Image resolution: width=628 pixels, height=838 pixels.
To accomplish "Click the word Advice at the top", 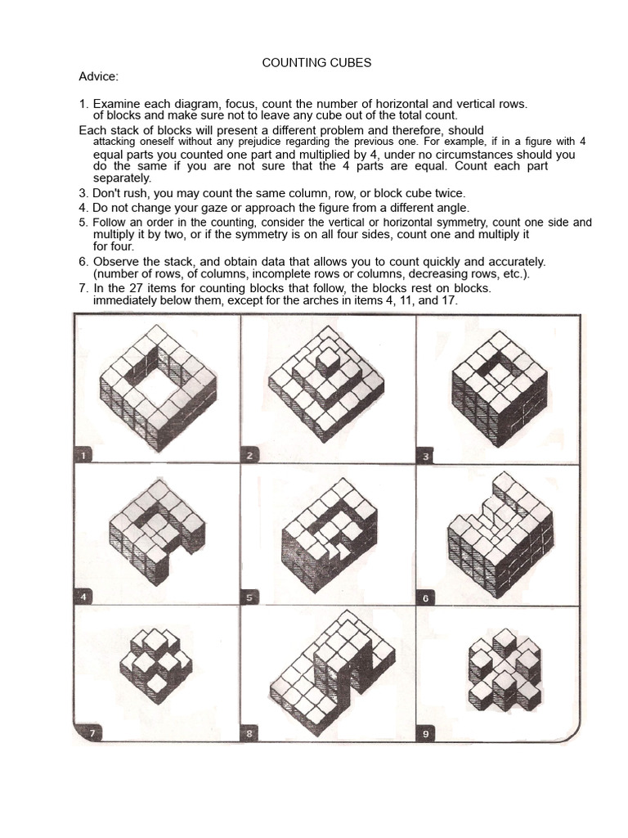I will pyautogui.click(x=98, y=77).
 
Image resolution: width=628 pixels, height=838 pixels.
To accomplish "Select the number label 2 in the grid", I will pyautogui.click(x=249, y=455).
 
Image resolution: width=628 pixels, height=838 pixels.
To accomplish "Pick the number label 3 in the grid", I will pyautogui.click(x=425, y=455).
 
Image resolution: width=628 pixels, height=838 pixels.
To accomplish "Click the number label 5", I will pyautogui.click(x=249, y=596).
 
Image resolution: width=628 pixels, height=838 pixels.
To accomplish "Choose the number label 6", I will pyautogui.click(x=425, y=597).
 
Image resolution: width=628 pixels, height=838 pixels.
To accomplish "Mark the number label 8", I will pyautogui.click(x=249, y=734).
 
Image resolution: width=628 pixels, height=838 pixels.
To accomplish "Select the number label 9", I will pyautogui.click(x=425, y=734).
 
